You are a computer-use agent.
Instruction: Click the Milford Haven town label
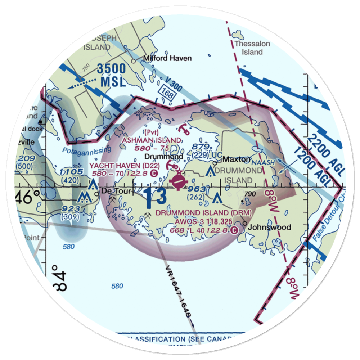(167, 58)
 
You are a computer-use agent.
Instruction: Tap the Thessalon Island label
(252, 48)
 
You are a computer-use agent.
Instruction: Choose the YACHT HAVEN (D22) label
(119, 165)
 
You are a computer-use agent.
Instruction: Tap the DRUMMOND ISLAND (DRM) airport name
(203, 213)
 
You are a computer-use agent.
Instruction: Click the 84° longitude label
(60, 282)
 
